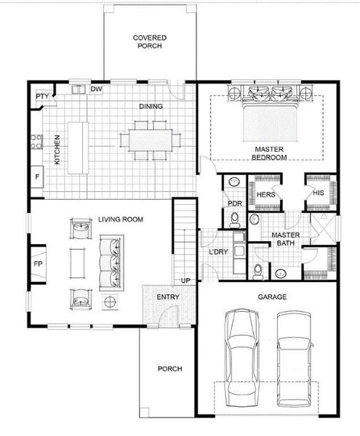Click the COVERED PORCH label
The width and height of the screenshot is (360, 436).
(149, 41)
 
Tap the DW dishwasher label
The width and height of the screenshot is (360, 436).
(95, 89)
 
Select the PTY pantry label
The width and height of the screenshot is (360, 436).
(41, 95)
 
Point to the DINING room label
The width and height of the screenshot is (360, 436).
(151, 107)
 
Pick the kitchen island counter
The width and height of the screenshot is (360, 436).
(77, 148)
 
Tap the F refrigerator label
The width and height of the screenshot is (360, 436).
(36, 177)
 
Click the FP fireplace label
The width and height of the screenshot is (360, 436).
(37, 263)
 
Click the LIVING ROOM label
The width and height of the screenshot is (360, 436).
(120, 219)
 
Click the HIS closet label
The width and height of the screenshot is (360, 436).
(318, 193)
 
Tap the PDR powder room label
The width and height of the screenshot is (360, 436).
(234, 204)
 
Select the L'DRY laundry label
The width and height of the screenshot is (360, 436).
(219, 252)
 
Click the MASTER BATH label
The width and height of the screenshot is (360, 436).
(281, 239)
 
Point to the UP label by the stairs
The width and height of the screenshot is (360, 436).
(185, 280)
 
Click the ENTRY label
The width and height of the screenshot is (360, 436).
(168, 296)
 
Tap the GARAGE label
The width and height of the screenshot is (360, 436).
(272, 297)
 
